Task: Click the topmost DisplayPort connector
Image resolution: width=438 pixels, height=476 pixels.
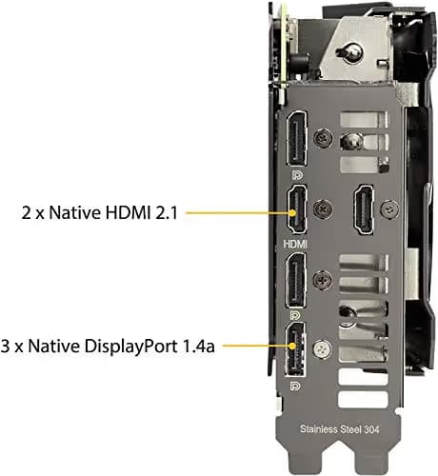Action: point(297,139)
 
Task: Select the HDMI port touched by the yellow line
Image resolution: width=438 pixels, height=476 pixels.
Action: point(297,209)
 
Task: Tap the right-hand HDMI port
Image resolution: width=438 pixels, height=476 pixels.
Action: point(364,209)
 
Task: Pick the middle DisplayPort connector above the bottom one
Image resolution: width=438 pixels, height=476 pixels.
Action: point(296,281)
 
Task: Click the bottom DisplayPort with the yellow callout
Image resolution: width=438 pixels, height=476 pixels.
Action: point(295,349)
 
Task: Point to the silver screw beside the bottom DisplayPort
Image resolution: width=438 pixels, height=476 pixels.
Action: point(323,349)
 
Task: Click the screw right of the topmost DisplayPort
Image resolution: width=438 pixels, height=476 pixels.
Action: point(323,139)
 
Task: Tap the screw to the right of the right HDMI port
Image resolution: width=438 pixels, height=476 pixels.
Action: point(389,209)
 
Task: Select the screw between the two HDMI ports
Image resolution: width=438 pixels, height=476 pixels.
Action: point(323,209)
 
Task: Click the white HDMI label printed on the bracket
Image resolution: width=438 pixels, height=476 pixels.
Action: point(295,244)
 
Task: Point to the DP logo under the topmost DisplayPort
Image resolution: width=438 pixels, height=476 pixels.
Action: point(297,175)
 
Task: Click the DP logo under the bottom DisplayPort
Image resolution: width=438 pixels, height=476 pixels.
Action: point(295,386)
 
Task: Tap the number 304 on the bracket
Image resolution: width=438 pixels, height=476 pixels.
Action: point(371,429)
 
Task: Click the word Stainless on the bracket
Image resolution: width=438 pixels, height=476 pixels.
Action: point(319,429)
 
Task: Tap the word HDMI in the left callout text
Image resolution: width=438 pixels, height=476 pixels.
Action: point(126,212)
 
